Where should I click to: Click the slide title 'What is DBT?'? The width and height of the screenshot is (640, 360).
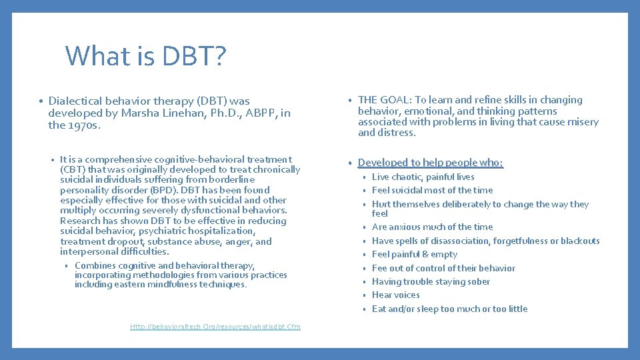pos(146,56)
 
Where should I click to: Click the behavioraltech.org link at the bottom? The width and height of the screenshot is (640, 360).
pos(215,327)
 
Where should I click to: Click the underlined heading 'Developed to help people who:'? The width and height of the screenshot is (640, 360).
pos(430,163)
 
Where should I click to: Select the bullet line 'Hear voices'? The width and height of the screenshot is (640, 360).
pos(395,295)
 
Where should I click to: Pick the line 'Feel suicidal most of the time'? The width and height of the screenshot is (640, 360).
pos(432,190)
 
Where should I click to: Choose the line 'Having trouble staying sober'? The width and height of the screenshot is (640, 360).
pos(431,281)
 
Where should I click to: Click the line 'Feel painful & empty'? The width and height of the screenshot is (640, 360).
pos(414,254)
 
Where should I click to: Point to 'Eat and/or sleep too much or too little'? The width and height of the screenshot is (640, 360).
pos(449,309)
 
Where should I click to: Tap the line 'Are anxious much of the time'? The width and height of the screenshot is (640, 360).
pos(432,227)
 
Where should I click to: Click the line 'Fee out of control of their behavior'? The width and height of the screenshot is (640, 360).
pos(443,268)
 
